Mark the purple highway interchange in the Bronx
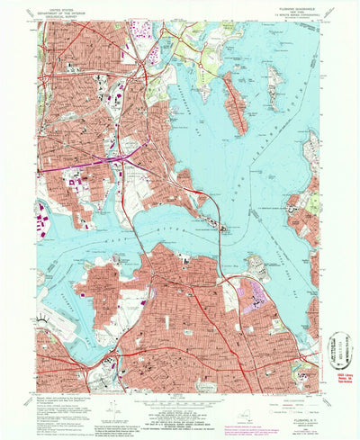point(117,158)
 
